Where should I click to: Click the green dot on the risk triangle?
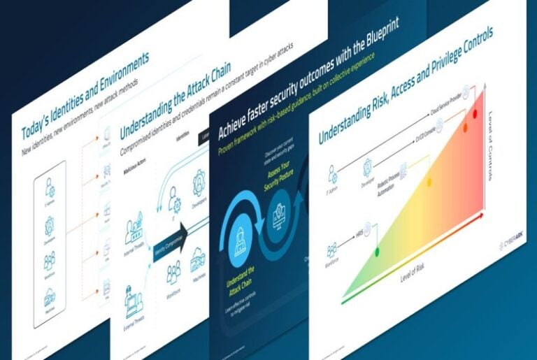[x=378, y=251]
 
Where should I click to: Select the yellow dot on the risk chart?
[x=429, y=182]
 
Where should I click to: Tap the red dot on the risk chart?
[x=475, y=113]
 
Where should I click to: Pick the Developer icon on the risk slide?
[x=367, y=166]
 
